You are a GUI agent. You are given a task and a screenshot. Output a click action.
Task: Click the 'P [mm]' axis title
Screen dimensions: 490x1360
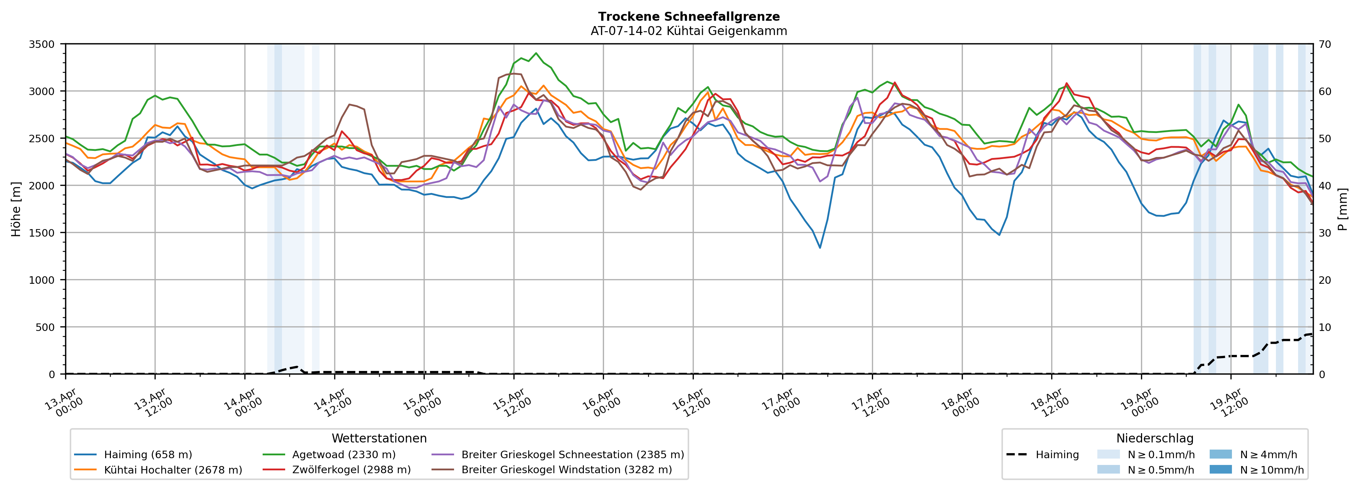(x=1343, y=209)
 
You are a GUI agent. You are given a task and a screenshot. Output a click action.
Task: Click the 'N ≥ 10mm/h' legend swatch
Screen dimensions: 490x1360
(x=1220, y=469)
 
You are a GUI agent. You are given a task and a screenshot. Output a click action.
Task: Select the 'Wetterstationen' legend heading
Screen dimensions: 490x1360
(x=379, y=438)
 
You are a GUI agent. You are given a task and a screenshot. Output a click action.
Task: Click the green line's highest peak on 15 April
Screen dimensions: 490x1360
(x=536, y=53)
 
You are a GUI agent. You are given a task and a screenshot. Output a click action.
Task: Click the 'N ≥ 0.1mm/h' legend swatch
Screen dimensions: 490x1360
(x=1108, y=455)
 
